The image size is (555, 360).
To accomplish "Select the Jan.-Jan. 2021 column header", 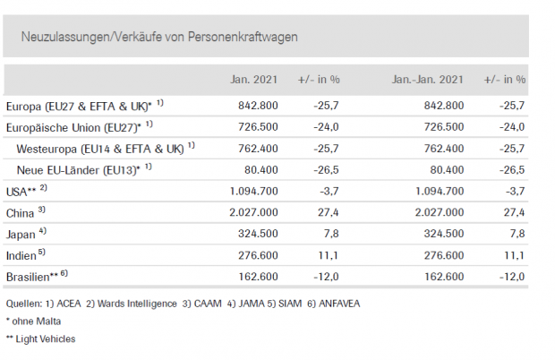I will coord(427,80).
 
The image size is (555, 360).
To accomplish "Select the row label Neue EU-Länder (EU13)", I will coord(79,167).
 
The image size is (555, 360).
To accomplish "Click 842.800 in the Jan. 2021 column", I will coord(260,105).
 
